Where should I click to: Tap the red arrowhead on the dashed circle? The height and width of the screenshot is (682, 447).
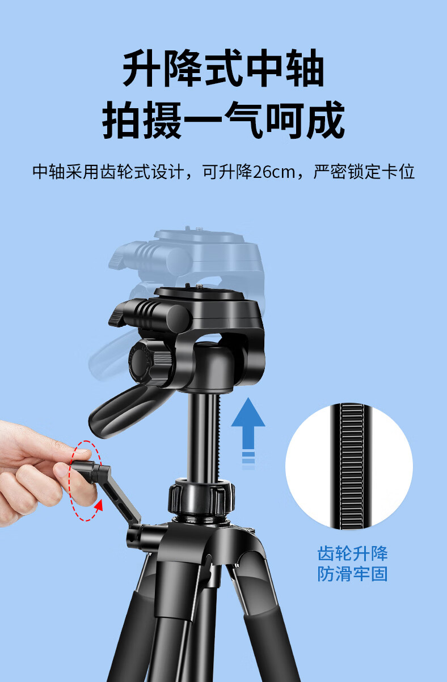[98, 506]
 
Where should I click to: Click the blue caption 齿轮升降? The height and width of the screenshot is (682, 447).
[352, 553]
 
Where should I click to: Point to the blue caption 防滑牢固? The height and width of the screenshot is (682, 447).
[352, 574]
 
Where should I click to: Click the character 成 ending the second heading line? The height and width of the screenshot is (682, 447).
[326, 120]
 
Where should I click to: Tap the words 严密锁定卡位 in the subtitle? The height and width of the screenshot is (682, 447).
[364, 172]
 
